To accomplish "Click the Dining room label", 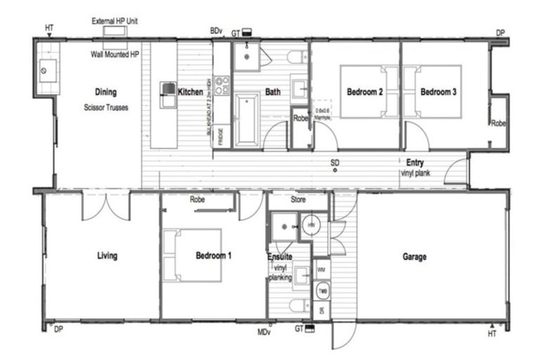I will pos(105,91).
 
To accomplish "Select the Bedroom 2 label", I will pos(364,91).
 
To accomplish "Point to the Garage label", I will pos(414,257).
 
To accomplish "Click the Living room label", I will pos(107,256).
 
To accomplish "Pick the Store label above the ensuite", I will pos(298,200).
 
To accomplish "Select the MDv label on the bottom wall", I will pos(264,330).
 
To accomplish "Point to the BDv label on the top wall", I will pos(217,31).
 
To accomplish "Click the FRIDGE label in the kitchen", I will pos(221,136).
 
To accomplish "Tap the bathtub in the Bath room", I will pos(247,120).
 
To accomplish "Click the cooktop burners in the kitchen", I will pos(222,86).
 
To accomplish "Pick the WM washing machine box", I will pos(322,269).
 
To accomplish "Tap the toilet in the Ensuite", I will pos(299,305).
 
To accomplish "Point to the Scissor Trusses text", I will pos(106,108).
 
